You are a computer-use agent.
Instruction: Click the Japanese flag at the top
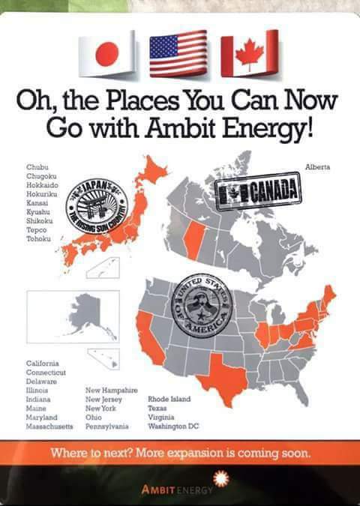pos(108,54)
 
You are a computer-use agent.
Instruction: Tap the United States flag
pos(178,53)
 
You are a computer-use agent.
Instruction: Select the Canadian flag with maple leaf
pos(249,53)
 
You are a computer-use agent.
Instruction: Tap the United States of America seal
pos(202,307)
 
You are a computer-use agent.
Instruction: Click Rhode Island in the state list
pos(169,399)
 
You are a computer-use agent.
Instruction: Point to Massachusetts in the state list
pos(49,426)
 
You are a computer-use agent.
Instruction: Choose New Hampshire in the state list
pos(111,390)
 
